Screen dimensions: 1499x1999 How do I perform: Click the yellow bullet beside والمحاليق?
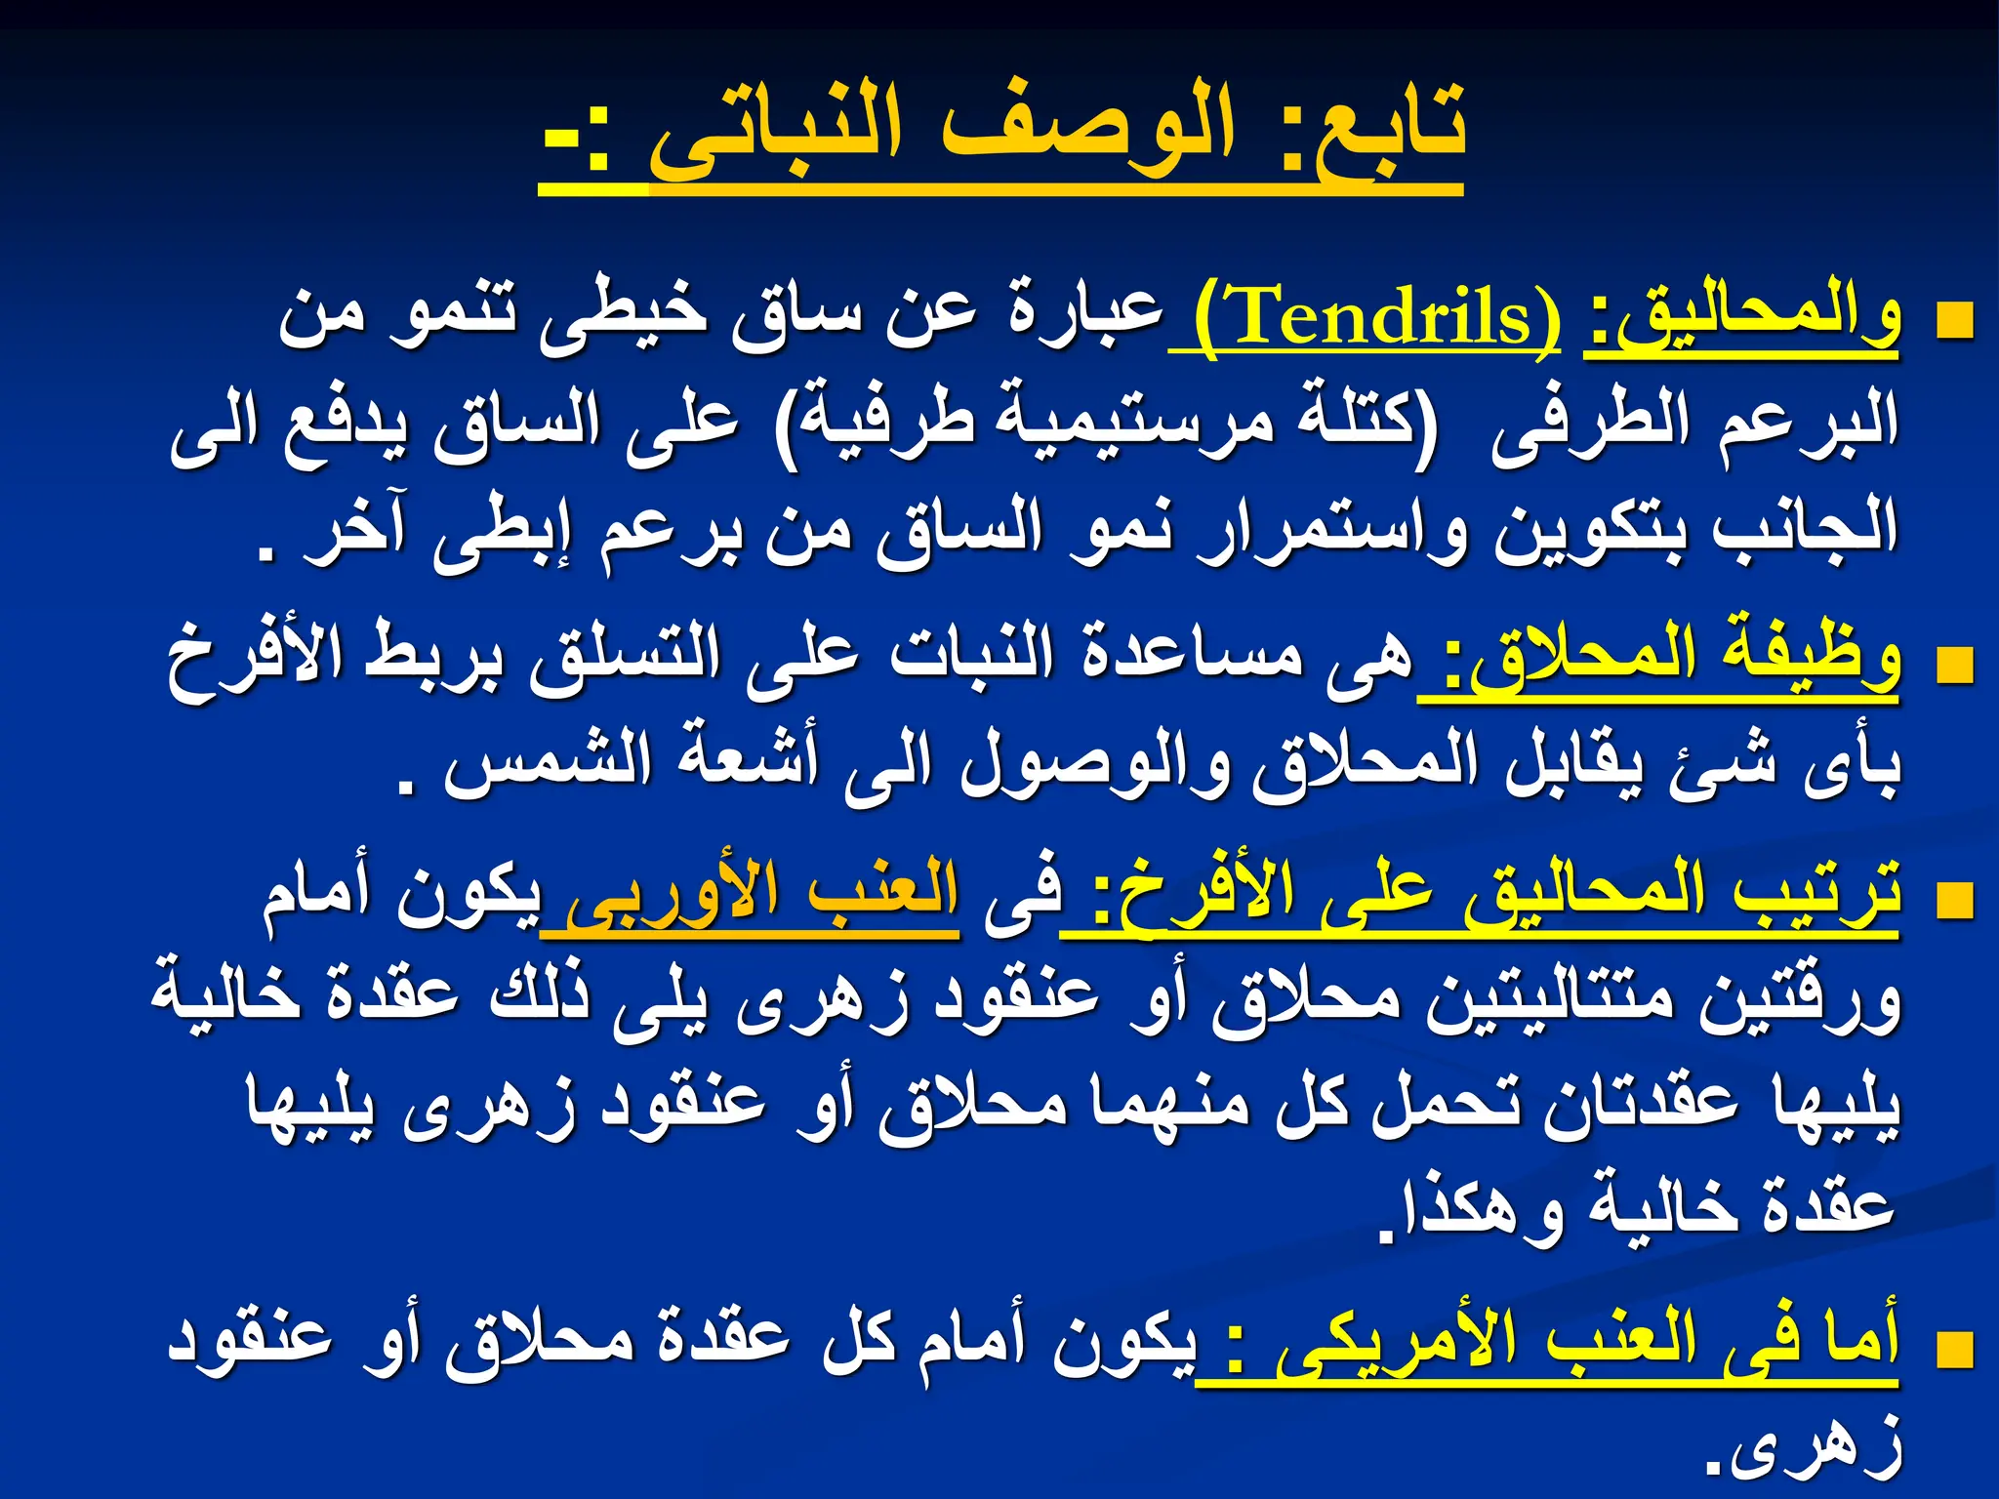(x=1954, y=321)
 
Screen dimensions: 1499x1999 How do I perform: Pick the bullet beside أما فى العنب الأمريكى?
(x=1954, y=1351)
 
